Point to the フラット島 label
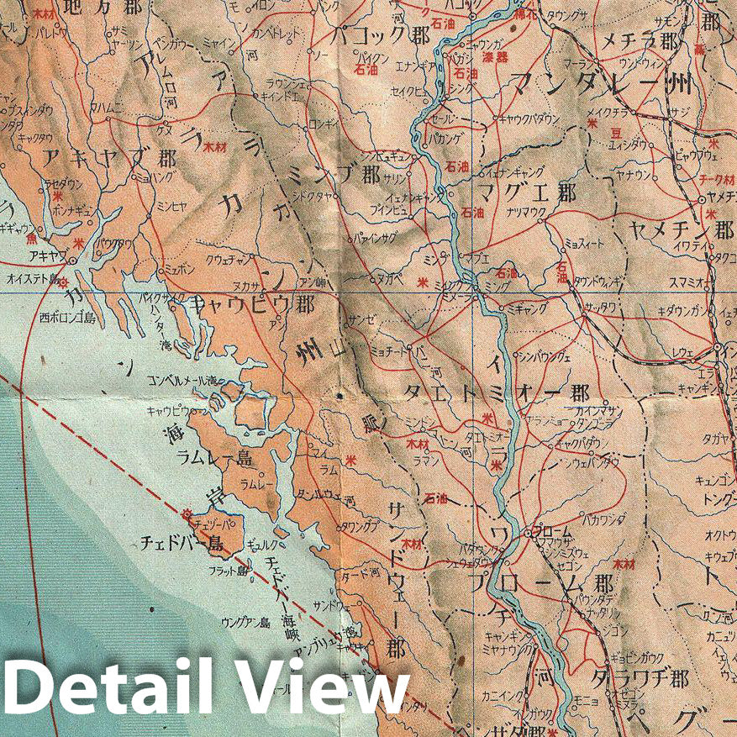[x=229, y=571]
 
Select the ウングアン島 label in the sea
[x=245, y=623]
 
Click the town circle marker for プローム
[x=528, y=533]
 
